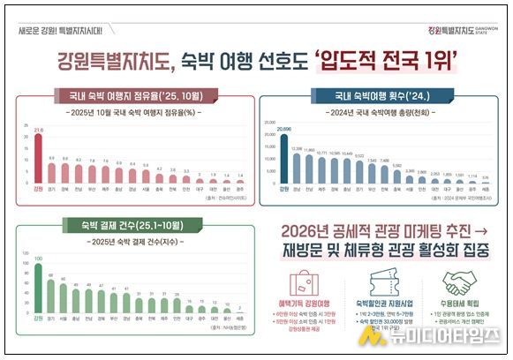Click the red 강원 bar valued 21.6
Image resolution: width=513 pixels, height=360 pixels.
point(37,159)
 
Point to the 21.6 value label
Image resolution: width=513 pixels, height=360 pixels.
point(37,131)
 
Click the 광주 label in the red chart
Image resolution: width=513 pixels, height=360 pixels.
point(240,188)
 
